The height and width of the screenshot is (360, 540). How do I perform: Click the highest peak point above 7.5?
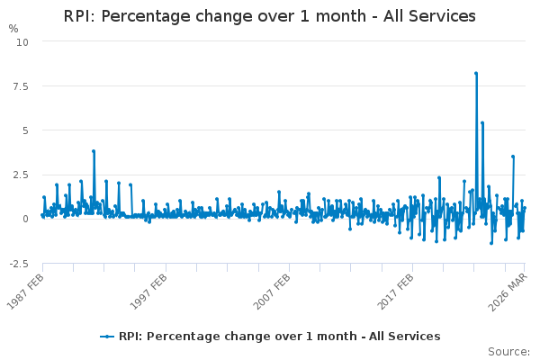476,73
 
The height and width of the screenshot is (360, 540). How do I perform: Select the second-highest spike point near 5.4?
482,122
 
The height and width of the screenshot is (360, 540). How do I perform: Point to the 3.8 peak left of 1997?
94,151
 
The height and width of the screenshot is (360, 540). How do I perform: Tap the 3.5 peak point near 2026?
513,157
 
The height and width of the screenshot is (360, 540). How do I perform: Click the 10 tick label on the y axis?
22,42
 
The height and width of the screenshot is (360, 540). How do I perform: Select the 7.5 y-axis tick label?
21,86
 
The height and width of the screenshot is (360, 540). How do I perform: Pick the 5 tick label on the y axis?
25,130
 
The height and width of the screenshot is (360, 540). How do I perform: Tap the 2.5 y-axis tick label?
21,175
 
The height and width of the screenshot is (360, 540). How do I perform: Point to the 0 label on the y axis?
25,219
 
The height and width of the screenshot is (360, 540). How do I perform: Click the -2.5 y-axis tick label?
19,264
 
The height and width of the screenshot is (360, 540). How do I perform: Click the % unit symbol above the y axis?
13,29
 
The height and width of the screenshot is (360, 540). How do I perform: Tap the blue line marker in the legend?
107,337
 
